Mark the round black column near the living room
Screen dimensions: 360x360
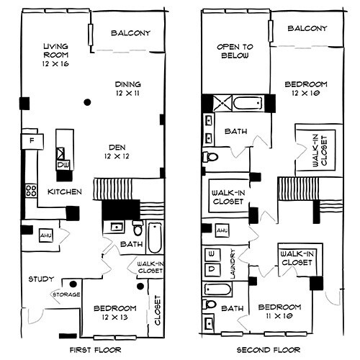coord(86,102)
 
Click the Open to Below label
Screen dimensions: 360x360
coord(233,51)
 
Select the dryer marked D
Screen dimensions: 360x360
coord(213,269)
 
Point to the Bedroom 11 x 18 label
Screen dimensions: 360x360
coord(276,309)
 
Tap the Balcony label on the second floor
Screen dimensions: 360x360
coord(307,30)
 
